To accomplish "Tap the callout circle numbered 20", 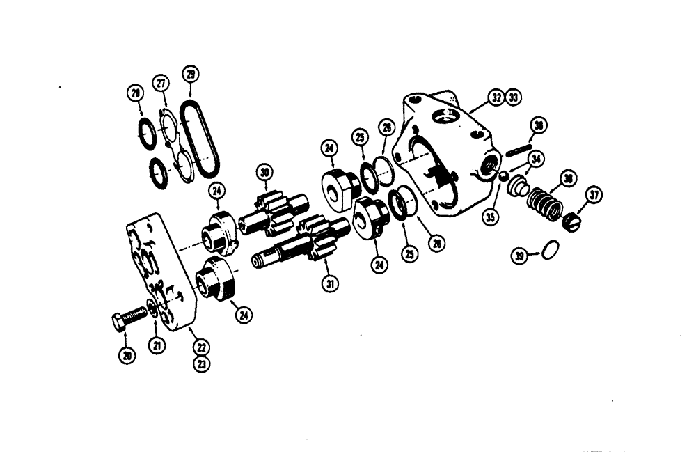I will tap(127, 354).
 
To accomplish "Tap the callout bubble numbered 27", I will tap(161, 83).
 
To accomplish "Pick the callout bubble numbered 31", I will tap(329, 283).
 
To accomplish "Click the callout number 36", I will tap(569, 180).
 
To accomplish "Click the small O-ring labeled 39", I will tap(549, 250).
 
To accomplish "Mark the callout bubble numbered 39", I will tap(519, 256).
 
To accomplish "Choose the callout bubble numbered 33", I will tap(514, 97).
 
